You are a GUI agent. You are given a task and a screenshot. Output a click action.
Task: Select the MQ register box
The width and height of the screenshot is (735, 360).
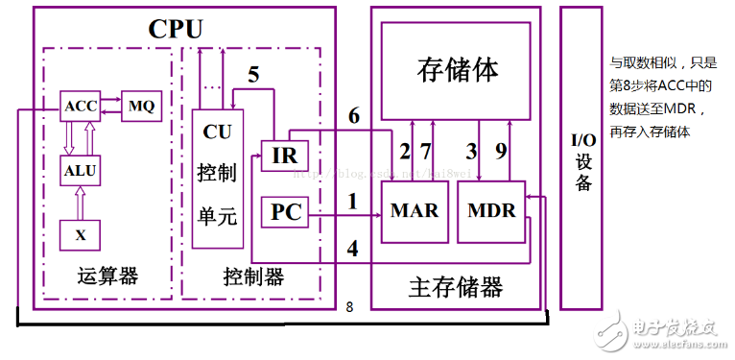(141, 106)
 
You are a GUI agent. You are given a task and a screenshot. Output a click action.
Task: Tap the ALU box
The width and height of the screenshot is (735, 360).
(80, 171)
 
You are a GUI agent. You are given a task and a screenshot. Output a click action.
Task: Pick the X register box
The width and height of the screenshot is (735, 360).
(80, 234)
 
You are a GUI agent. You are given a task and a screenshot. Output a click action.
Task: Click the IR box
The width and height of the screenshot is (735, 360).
(284, 156)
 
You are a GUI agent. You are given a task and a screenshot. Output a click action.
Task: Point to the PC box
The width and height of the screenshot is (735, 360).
(285, 211)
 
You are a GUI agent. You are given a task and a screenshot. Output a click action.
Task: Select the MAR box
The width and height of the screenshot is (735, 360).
(414, 211)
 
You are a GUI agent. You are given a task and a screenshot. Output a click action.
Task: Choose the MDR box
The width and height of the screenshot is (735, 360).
(491, 211)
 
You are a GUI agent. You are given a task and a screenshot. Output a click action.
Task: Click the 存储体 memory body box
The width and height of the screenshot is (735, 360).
(458, 69)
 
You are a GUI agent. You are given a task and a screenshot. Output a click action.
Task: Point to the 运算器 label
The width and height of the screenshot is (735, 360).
(107, 276)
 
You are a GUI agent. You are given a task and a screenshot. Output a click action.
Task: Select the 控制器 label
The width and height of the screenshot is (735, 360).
(252, 276)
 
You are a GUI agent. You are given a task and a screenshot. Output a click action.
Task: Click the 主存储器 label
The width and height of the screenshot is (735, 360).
(456, 286)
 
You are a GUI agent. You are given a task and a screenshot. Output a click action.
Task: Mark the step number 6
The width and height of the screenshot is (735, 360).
(353, 116)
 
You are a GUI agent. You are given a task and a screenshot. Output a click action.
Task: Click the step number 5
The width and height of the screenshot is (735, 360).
(253, 74)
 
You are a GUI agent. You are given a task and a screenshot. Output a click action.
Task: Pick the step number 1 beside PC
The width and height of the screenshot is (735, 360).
(352, 202)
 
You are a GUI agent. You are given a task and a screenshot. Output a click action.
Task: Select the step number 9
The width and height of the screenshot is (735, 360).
(501, 151)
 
